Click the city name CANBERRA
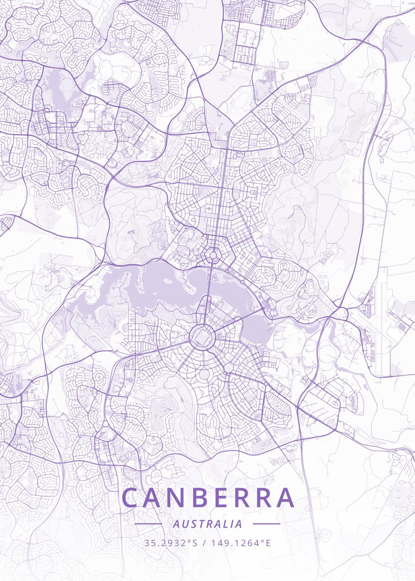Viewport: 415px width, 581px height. (x=208, y=498)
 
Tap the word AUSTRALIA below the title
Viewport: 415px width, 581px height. (x=207, y=524)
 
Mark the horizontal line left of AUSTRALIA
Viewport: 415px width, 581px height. (x=148, y=524)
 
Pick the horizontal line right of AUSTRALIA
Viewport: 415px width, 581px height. (x=266, y=524)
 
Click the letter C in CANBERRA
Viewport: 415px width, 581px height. (x=131, y=498)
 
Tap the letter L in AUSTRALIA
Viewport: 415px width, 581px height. (x=223, y=524)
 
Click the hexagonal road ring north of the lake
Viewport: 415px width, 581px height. (x=212, y=254)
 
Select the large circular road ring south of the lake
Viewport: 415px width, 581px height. (x=201, y=336)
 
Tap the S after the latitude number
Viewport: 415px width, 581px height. (x=195, y=543)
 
